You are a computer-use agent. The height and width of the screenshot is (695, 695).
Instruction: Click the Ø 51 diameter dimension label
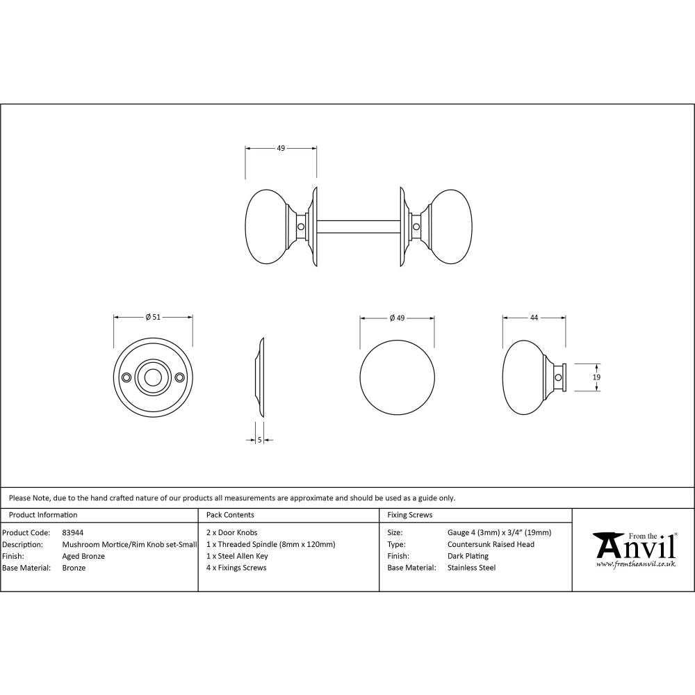pos(153,317)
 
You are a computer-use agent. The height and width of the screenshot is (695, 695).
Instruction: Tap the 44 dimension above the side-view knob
pos(534,318)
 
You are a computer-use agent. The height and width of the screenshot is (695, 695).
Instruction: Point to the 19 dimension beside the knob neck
pos(596,377)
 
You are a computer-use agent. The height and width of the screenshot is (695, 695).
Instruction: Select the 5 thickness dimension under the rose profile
pos(259,439)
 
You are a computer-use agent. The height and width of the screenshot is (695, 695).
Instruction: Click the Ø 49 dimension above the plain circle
pos(398,318)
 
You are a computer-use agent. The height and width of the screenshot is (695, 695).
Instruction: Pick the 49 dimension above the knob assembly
pos(281,148)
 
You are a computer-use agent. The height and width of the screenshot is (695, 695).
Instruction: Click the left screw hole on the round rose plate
pos(126,377)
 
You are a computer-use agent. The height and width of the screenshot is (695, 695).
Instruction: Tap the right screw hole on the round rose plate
pos(180,377)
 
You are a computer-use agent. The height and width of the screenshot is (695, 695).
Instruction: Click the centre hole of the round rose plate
pos(153,377)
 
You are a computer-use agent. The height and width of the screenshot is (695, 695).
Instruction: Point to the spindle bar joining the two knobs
pos(358,227)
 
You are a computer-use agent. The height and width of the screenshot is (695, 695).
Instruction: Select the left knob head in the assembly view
pos(267,226)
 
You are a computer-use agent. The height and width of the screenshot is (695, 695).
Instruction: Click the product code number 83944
pos(73,532)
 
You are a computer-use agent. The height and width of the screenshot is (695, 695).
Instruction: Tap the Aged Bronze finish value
pos(83,556)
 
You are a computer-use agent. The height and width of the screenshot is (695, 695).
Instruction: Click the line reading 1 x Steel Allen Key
pos(237,556)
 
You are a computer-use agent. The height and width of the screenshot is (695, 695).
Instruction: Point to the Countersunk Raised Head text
pos(491,544)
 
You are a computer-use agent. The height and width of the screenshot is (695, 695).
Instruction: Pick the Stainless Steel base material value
pos(471,568)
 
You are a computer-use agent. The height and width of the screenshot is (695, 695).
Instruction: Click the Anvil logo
pos(634,549)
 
